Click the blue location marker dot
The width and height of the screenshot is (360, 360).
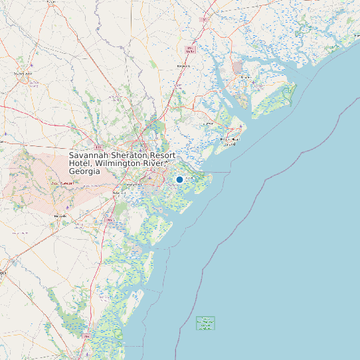179,179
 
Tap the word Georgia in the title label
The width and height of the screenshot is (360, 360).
84,171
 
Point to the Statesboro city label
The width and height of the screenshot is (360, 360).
23,74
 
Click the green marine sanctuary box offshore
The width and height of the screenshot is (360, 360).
206,323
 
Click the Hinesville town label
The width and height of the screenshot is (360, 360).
60,216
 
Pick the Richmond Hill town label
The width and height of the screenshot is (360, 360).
118,193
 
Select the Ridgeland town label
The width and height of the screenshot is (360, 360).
184,66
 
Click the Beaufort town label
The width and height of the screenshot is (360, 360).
246,76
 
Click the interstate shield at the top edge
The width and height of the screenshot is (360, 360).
204,20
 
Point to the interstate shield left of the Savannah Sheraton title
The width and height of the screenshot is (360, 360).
98,147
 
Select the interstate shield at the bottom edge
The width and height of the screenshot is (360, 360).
87,337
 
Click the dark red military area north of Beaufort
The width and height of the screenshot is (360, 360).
237,67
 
